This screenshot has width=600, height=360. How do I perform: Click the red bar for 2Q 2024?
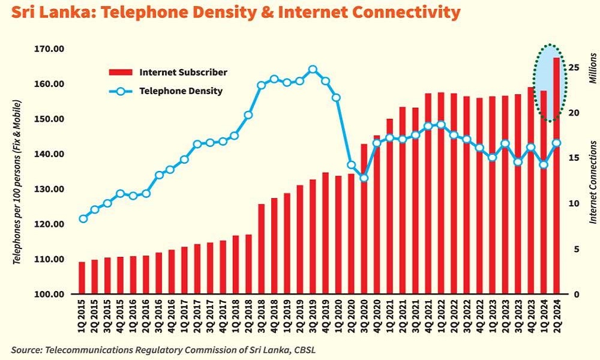tap(556, 180)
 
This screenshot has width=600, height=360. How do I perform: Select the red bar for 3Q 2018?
tap(261, 249)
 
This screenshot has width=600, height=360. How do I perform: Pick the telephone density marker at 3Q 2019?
tap(312, 70)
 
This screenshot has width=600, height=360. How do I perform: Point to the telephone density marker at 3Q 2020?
tap(364, 178)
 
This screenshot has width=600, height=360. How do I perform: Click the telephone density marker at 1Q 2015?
tap(83, 218)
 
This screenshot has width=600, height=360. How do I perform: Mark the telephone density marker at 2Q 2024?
tap(556, 143)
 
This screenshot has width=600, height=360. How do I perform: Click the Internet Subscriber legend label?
tap(183, 72)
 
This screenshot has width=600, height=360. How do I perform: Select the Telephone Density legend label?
tap(181, 91)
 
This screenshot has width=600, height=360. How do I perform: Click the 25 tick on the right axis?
tap(574, 67)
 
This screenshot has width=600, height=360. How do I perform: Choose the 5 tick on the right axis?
tap(576, 248)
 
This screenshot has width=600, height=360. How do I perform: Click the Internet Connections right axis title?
tap(593, 182)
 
